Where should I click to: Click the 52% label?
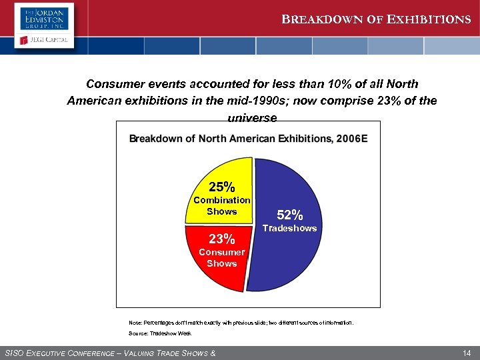point(290,215)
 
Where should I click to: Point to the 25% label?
point(221,186)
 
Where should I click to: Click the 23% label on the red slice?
point(221,239)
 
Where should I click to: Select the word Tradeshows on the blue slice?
point(290,229)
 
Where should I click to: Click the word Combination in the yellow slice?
point(221,200)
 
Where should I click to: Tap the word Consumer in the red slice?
point(221,252)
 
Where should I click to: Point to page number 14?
point(466,351)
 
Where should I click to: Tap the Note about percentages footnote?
point(241,322)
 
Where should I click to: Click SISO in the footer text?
point(16,352)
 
